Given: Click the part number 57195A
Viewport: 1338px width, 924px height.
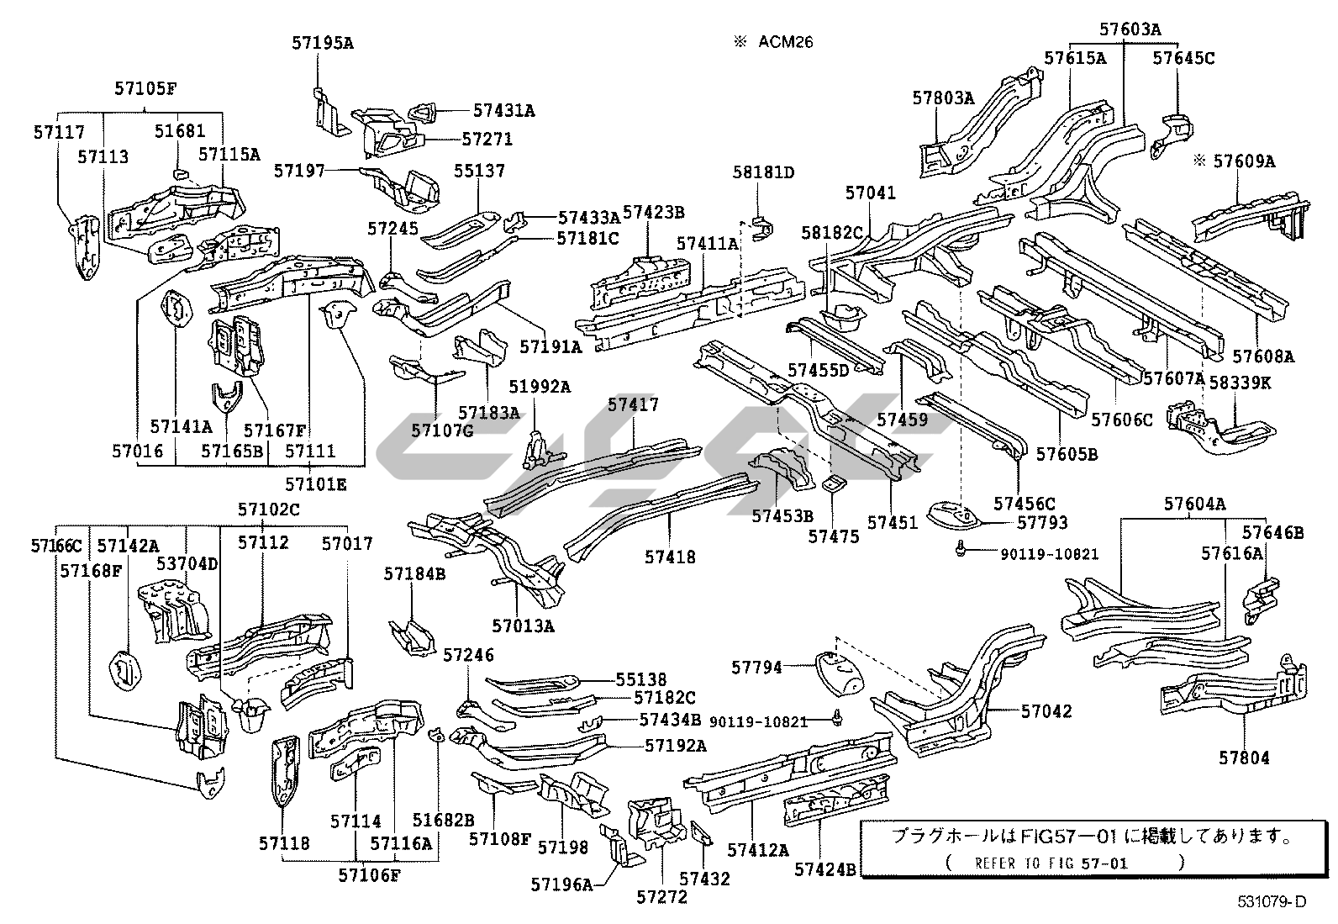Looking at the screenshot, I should click(x=323, y=42).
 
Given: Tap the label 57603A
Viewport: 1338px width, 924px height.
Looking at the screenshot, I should click(x=1130, y=29).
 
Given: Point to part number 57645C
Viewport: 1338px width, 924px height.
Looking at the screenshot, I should click(x=1183, y=58).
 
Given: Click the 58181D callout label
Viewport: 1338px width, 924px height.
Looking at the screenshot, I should click(x=763, y=172).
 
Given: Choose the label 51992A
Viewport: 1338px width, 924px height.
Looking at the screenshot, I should click(x=540, y=386).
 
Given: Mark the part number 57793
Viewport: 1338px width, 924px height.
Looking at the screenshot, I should click(x=1042, y=522).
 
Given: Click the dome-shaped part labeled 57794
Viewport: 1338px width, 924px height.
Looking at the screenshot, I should click(x=839, y=671).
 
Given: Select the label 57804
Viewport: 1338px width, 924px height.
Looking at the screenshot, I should click(x=1245, y=758).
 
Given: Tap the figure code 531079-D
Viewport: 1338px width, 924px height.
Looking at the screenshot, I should click(x=1272, y=902).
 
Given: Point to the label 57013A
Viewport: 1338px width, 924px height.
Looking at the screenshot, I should click(x=524, y=626).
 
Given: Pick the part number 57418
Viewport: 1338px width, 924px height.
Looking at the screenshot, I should click(x=670, y=556).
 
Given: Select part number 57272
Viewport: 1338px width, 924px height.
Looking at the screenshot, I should click(x=661, y=896).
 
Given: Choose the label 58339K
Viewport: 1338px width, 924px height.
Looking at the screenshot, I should click(x=1241, y=383).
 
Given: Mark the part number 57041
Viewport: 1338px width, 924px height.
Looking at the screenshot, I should click(x=871, y=193).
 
